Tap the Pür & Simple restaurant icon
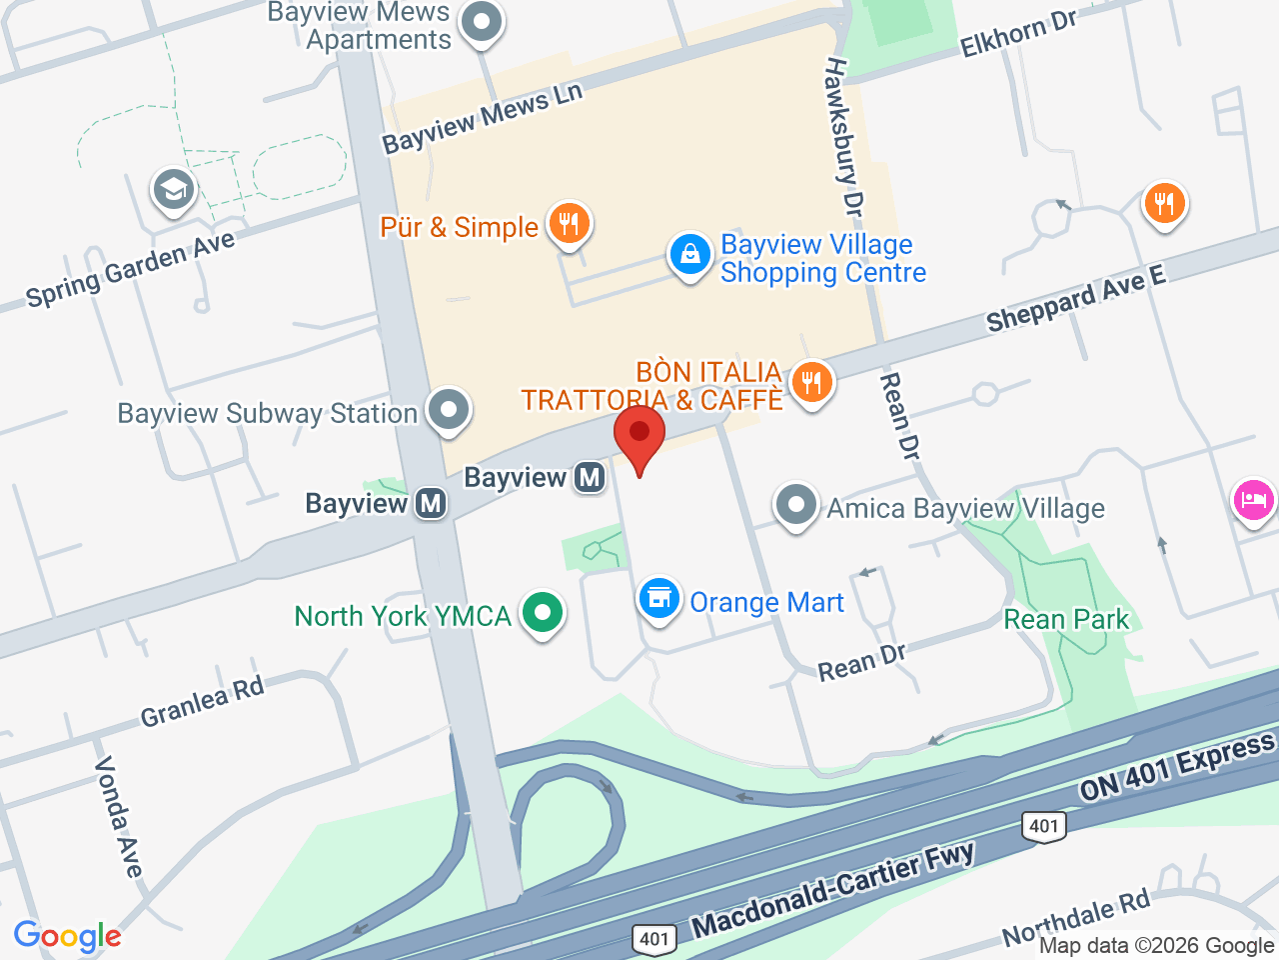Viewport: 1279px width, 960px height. click(570, 223)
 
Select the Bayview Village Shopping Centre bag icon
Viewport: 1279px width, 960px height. click(689, 255)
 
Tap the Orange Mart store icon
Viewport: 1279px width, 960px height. click(658, 599)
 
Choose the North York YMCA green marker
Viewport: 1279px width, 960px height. click(543, 612)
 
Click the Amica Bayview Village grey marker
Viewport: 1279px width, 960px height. click(796, 505)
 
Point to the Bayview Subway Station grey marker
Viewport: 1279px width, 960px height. click(449, 410)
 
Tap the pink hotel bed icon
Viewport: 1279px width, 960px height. click(1254, 499)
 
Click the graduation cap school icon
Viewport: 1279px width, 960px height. click(174, 190)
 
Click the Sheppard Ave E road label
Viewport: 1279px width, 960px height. click(1075, 299)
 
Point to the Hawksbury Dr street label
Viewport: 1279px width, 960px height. click(841, 136)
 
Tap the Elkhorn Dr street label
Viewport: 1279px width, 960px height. click(1018, 35)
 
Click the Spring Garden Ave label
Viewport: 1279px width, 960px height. click(130, 269)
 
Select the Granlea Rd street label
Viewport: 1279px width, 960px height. click(202, 701)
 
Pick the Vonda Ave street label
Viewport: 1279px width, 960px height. click(118, 816)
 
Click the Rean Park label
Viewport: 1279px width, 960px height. click(1066, 619)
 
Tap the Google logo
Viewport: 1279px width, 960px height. click(67, 936)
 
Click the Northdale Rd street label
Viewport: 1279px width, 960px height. click(1076, 918)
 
